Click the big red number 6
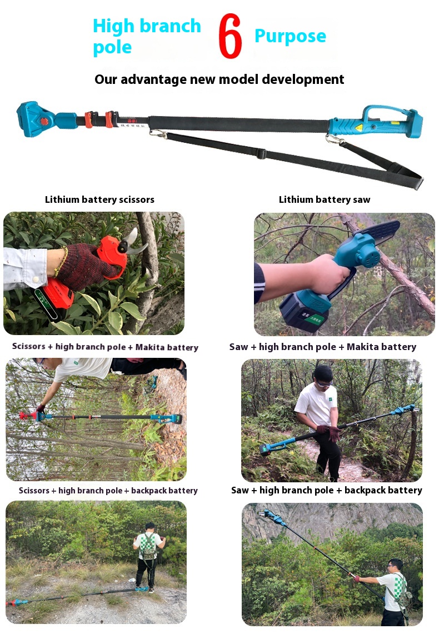(230, 36)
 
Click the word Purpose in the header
(290, 37)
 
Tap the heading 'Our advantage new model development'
(219, 79)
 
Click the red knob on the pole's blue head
(44, 121)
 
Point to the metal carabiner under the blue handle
(333, 140)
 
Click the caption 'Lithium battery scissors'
(99, 199)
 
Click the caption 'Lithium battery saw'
(325, 199)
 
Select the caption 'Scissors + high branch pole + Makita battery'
(105, 347)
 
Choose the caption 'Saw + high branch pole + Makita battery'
(323, 347)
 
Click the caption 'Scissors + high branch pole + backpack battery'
(108, 491)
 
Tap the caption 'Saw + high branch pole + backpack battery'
(327, 490)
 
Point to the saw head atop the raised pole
(272, 517)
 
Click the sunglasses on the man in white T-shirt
(325, 383)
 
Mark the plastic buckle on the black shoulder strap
(261, 154)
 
